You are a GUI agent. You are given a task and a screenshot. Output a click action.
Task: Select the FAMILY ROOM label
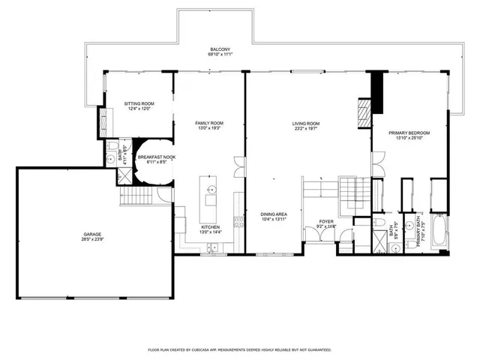pos(209,123)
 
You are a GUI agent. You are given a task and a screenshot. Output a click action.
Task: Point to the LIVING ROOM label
pos(306,123)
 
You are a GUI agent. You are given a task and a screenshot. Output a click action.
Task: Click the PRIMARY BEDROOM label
pos(406,133)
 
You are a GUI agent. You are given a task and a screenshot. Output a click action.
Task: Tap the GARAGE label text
pos(92,235)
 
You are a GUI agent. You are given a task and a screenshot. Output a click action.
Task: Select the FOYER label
pos(326,221)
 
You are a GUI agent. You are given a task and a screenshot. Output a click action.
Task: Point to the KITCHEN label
pos(210,227)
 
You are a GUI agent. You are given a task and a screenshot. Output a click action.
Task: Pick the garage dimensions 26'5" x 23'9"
pos(92,241)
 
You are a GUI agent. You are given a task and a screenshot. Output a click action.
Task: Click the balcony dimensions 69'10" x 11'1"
pos(220,55)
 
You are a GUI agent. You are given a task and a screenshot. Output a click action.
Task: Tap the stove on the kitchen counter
pos(239,221)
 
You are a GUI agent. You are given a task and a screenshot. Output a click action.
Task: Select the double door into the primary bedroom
pos(378,161)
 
